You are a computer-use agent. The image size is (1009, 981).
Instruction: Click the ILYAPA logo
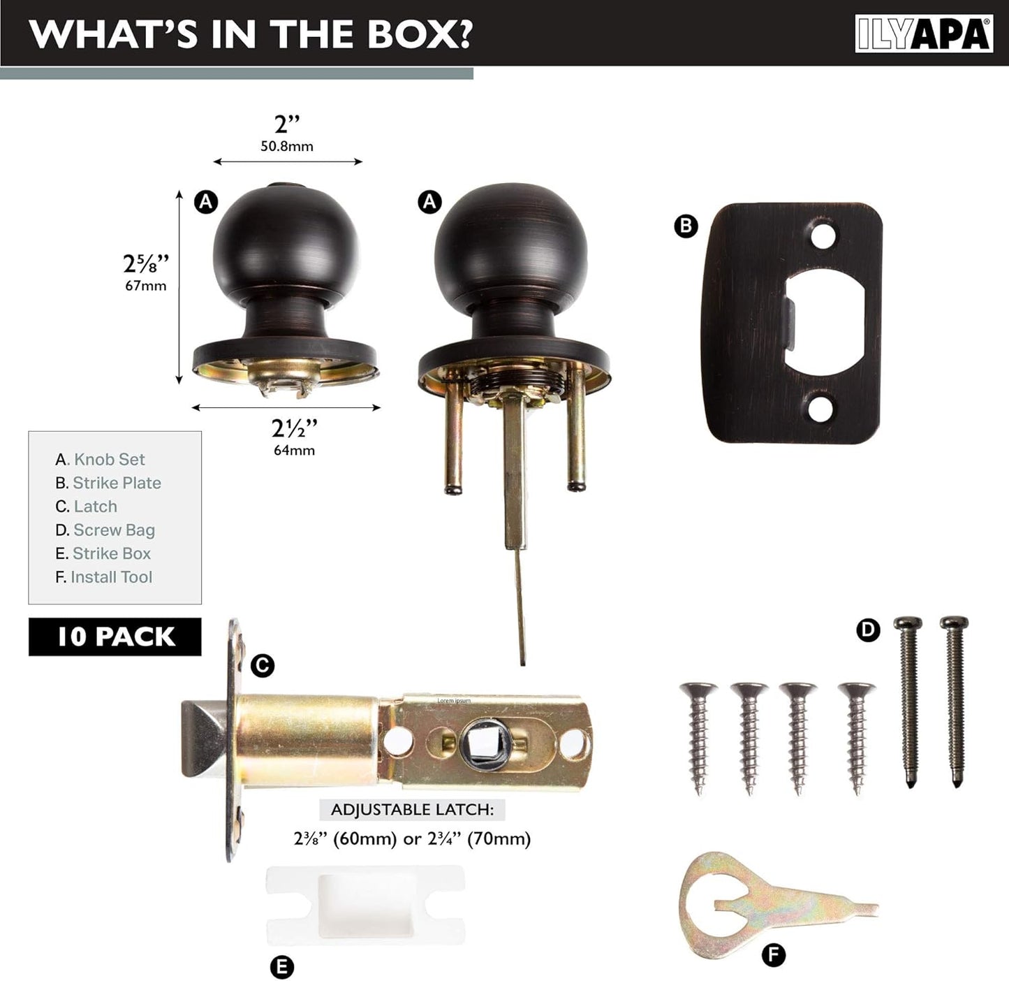(x=923, y=34)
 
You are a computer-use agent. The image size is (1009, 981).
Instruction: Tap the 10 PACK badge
(x=115, y=637)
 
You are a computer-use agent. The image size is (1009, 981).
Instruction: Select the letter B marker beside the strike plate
(x=686, y=226)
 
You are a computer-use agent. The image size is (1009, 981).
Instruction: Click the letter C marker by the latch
(x=262, y=665)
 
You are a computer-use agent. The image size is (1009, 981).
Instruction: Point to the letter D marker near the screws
(x=867, y=630)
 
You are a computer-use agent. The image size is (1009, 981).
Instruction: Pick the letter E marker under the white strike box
(x=281, y=967)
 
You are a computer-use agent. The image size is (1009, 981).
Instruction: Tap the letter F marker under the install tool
(x=773, y=954)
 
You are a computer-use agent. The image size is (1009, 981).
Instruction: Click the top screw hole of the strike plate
(x=823, y=236)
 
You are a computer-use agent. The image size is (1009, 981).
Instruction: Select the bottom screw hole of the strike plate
(x=821, y=409)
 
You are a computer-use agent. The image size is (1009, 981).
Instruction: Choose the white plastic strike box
(x=365, y=905)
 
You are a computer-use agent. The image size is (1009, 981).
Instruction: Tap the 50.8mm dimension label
(x=287, y=146)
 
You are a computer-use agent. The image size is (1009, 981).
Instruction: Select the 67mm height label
(x=146, y=285)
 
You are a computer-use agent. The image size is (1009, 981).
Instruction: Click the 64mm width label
(x=294, y=450)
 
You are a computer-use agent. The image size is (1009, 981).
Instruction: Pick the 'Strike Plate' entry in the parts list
(x=116, y=483)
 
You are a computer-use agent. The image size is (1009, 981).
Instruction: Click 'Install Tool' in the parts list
(x=111, y=577)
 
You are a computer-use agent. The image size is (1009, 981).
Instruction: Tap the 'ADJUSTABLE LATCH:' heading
(x=412, y=810)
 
